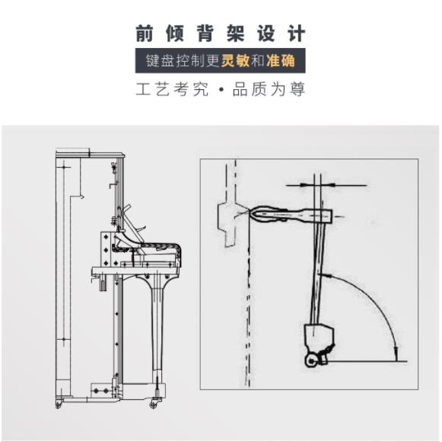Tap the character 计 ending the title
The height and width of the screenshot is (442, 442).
click(x=297, y=34)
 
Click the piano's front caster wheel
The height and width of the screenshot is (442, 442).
click(x=158, y=402)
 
